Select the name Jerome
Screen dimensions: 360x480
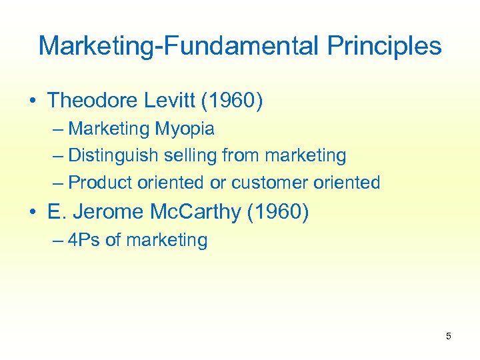click(x=110, y=212)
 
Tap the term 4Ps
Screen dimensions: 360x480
click(x=84, y=240)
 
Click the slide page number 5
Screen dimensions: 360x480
click(x=448, y=336)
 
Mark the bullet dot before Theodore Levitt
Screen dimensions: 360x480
click(x=33, y=101)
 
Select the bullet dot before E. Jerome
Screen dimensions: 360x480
click(x=33, y=213)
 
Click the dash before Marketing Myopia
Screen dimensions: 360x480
click(x=58, y=129)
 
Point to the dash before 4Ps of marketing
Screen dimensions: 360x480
click(x=58, y=240)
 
